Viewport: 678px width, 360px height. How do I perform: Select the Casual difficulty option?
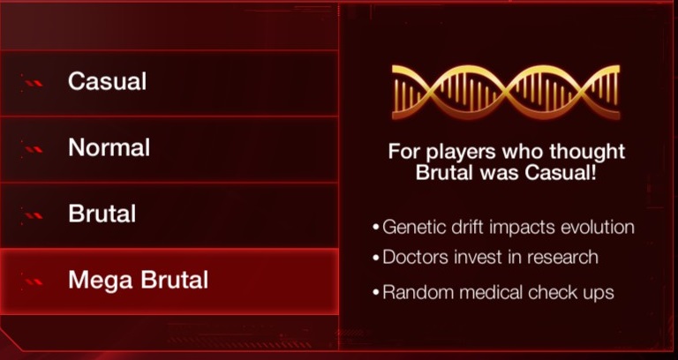click(x=107, y=81)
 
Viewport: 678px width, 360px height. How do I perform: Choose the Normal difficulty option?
click(x=109, y=148)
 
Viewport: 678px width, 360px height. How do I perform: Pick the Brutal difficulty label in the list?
click(x=102, y=214)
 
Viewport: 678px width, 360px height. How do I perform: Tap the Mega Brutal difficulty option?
click(x=138, y=280)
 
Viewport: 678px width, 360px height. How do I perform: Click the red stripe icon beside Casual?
click(x=34, y=83)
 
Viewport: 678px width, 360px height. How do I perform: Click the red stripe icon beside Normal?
click(x=34, y=149)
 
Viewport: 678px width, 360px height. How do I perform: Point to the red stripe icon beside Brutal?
click(x=34, y=215)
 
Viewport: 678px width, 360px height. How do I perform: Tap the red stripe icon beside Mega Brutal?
click(x=34, y=281)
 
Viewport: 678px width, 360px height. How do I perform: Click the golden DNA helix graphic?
click(x=506, y=92)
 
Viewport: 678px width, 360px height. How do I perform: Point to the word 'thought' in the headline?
click(x=587, y=153)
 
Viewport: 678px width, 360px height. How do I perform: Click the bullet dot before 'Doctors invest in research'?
click(x=376, y=259)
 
